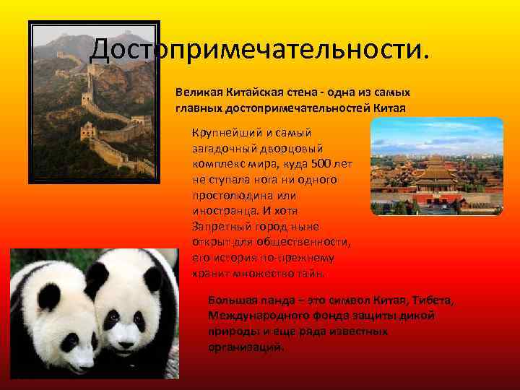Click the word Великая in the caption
click(x=195, y=93)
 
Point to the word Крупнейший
click(x=223, y=133)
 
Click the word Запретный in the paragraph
click(x=221, y=226)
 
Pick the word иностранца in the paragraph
click(x=224, y=210)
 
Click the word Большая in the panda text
click(x=230, y=300)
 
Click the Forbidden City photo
click(x=436, y=165)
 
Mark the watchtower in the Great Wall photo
click(x=87, y=130)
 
